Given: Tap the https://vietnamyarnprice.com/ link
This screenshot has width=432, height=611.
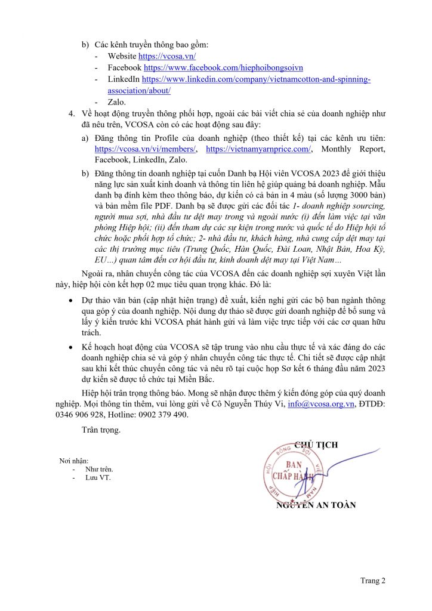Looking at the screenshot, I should click(x=258, y=149).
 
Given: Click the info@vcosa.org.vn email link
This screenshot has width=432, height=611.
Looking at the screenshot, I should click(x=321, y=404).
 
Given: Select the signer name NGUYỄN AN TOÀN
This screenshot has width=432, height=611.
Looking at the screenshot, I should click(x=316, y=505).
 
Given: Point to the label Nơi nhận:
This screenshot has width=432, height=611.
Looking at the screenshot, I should click(x=73, y=461).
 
